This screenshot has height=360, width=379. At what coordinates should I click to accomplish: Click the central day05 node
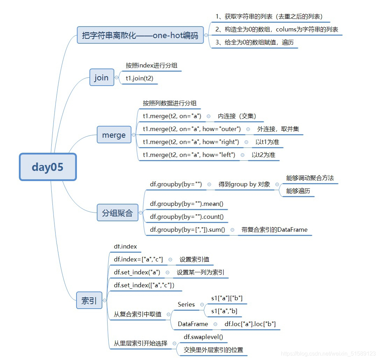48,167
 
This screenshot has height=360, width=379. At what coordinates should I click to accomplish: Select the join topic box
101,78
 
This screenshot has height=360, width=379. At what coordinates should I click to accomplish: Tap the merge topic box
114,135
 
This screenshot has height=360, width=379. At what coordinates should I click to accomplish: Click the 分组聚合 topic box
117,213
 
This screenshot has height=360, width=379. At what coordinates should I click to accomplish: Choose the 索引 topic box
89,300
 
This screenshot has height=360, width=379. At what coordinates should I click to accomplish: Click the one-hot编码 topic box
140,35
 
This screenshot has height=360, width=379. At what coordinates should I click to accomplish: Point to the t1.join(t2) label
139,78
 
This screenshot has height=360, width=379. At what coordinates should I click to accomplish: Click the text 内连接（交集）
237,116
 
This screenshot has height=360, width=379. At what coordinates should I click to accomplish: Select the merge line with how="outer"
192,129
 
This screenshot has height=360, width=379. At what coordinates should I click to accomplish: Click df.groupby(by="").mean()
187,204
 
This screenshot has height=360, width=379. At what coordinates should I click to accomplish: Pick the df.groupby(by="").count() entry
187,217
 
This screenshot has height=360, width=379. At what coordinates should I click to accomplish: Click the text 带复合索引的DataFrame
274,230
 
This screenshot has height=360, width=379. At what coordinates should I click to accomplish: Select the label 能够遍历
298,191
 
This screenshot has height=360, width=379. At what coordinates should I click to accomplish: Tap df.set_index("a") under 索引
137,272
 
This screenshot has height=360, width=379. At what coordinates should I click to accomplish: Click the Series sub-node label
186,304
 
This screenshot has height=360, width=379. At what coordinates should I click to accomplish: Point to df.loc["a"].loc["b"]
250,324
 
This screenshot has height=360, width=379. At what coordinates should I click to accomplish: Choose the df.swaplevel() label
203,337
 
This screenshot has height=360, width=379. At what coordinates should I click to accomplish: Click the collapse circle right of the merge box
134,135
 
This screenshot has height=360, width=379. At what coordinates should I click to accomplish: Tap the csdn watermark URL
328,354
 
